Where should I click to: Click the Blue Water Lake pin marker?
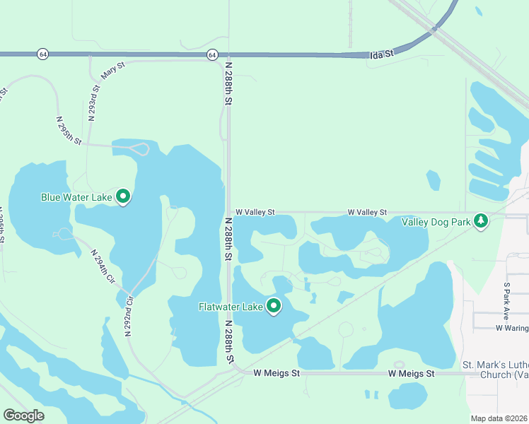coord(123,196)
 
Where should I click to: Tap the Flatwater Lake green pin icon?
coord(274,306)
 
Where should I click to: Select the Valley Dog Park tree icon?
coord(481,221)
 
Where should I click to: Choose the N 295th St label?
coord(69,131)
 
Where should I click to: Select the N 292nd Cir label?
coord(129,315)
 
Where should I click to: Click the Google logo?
coord(23,416)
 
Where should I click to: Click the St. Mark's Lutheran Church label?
coord(496,370)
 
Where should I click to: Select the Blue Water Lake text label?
coord(76,197)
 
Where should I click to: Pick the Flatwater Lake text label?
coord(231,307)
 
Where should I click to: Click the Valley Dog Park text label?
coord(436,222)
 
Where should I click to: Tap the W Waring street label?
coord(511,328)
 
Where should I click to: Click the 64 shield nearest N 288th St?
coord(212,54)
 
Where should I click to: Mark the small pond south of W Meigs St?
coord(408,395)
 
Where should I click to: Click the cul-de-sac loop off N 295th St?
coord(139,148)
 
